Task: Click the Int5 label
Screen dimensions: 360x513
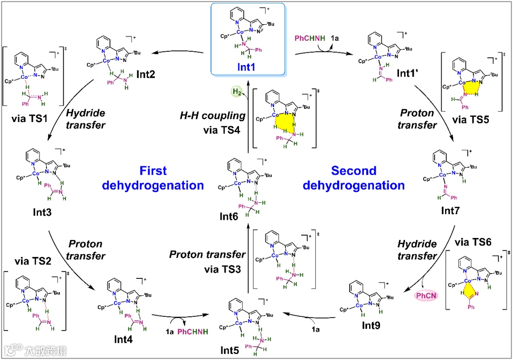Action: click(232, 351)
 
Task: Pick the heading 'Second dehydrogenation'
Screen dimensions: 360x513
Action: click(353, 178)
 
